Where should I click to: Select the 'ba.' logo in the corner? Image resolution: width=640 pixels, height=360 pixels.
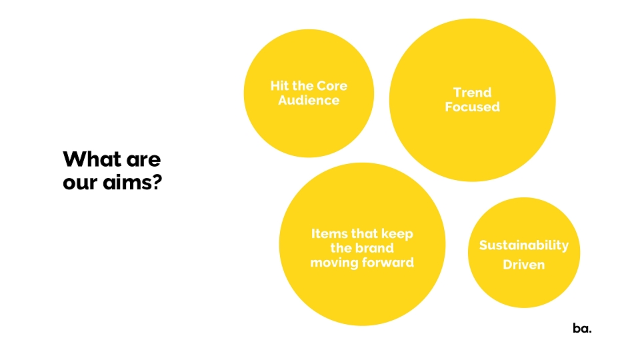pos(582,328)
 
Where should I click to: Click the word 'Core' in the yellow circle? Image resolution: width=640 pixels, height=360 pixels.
pos(332,86)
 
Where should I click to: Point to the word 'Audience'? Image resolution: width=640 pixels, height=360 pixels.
pos(309,101)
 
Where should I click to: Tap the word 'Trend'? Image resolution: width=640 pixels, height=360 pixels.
pos(472,93)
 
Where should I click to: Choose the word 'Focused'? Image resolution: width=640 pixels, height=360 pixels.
pos(472,107)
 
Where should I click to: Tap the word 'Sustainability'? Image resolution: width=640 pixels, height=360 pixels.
pos(524,245)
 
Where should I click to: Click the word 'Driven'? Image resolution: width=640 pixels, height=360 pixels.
pos(524,265)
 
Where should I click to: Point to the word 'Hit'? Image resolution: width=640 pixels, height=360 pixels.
pos(279,86)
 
